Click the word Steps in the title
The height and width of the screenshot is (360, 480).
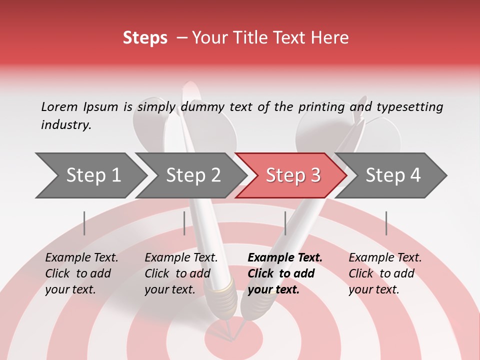pyautogui.click(x=145, y=38)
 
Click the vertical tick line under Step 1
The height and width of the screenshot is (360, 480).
pyautogui.click(x=84, y=223)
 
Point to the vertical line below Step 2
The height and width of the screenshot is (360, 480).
pyautogui.click(x=184, y=223)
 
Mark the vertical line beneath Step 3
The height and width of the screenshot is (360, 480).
pyautogui.click(x=285, y=223)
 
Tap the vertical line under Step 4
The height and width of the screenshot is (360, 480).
pyautogui.click(x=386, y=223)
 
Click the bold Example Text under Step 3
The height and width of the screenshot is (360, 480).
pyautogui.click(x=285, y=273)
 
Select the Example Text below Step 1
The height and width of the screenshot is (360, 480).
pyautogui.click(x=81, y=273)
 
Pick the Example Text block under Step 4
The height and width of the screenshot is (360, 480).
pyautogui.click(x=385, y=273)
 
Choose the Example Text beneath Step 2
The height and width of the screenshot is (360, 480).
pyautogui.click(x=181, y=273)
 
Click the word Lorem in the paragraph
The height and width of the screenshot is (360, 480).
pyautogui.click(x=59, y=106)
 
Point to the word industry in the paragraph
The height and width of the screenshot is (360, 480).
pyautogui.click(x=65, y=124)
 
